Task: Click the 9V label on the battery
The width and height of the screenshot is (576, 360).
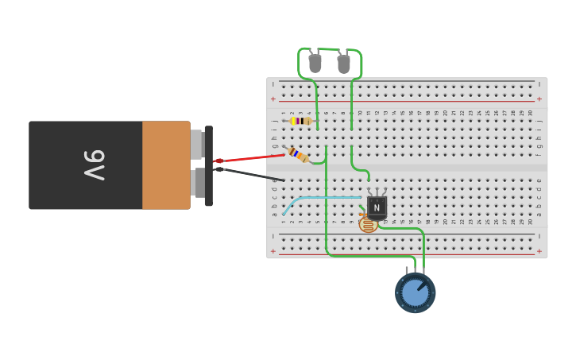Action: coord(94,165)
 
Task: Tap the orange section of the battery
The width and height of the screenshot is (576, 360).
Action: coord(166,165)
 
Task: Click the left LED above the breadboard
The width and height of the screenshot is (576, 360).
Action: coord(315,63)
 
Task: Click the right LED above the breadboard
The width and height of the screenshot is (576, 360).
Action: coord(343,64)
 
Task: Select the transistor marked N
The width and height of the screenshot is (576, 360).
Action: coord(377,207)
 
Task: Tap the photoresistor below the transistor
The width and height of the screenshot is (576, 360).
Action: coord(368,225)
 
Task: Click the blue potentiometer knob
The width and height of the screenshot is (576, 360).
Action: coord(415,292)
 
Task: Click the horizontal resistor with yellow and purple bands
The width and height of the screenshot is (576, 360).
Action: coord(300,121)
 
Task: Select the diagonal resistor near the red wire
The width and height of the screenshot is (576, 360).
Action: coord(298,154)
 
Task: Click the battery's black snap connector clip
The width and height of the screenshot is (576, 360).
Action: coord(208,165)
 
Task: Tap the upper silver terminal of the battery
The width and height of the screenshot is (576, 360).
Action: coord(196,144)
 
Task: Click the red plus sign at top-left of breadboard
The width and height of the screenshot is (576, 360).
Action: coord(273,99)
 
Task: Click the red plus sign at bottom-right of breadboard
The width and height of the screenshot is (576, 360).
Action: coord(539,251)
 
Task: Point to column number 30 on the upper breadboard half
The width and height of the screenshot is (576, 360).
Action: coord(531,113)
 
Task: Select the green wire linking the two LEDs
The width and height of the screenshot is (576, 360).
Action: coord(329,49)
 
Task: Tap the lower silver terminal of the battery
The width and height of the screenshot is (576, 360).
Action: coord(196,182)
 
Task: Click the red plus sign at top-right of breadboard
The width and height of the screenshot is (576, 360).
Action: coord(539,99)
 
